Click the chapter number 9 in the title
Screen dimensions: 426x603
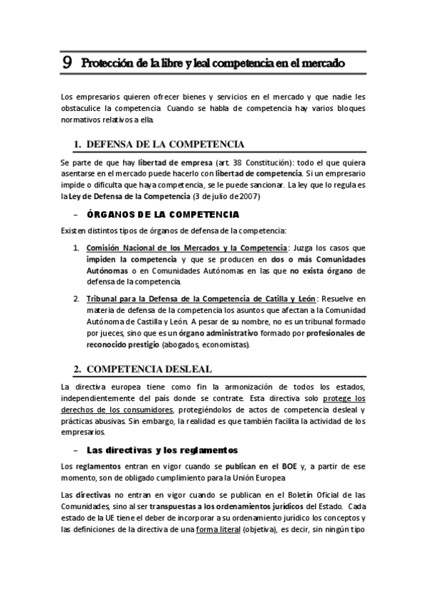click(x=67, y=63)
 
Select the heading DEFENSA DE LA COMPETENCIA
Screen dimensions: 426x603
click(x=165, y=144)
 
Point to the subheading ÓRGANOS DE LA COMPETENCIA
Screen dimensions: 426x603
click(x=162, y=213)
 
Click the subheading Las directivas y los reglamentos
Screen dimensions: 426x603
click(x=161, y=450)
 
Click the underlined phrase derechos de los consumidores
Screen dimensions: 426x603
click(x=117, y=410)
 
